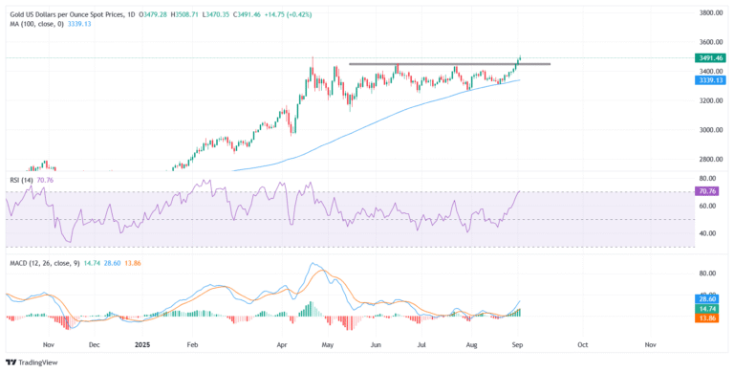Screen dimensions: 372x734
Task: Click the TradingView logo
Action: pos(32,361)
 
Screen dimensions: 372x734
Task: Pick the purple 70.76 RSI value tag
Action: pos(706,191)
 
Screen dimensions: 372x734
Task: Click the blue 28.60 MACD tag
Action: pos(706,299)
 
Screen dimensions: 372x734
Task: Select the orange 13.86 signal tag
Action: pos(706,317)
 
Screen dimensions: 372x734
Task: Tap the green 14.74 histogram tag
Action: pos(706,308)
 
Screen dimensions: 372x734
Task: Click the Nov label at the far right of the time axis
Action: pos(650,343)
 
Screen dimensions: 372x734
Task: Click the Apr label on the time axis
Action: pos(282,343)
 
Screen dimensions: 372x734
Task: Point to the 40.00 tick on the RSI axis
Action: pos(708,233)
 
